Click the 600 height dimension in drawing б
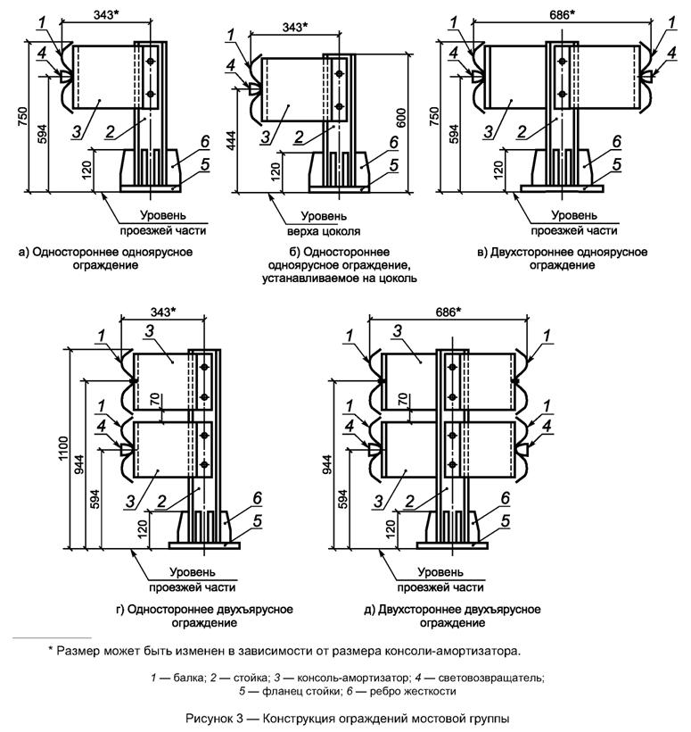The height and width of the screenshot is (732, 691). tap(401, 118)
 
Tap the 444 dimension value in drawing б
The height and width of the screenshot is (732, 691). tap(232, 140)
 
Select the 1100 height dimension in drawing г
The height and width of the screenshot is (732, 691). tap(63, 449)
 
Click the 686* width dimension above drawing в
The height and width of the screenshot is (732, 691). tap(562, 15)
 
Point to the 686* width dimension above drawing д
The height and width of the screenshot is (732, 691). tap(448, 312)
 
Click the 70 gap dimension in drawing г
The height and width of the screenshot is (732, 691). tap(155, 400)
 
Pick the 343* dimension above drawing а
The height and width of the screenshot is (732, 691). tap(106, 15)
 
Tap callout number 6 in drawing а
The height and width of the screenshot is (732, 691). tap(205, 141)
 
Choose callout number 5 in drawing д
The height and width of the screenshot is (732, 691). tap(506, 520)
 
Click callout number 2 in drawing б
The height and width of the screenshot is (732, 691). tap(299, 137)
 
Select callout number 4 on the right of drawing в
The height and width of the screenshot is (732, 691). tap(671, 53)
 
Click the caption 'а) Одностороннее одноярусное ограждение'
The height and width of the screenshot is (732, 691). tap(106, 259)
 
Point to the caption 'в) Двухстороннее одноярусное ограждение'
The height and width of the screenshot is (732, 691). tap(563, 259)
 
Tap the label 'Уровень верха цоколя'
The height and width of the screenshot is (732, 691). tap(324, 223)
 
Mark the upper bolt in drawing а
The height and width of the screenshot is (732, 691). tap(150, 62)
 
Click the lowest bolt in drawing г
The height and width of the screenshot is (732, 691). tap(204, 464)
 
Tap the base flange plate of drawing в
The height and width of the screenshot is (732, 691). tap(562, 188)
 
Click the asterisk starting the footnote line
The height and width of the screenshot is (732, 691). tap(51, 649)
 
